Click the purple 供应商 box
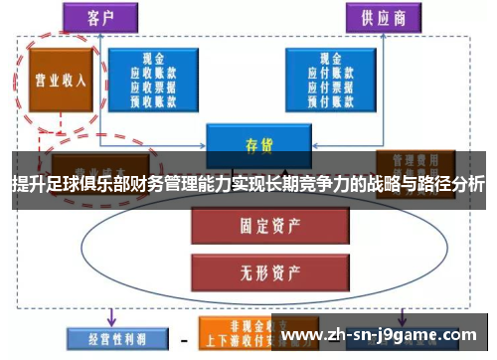click(382, 17)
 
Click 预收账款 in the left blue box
click(155, 98)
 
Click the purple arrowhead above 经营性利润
click(111, 320)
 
